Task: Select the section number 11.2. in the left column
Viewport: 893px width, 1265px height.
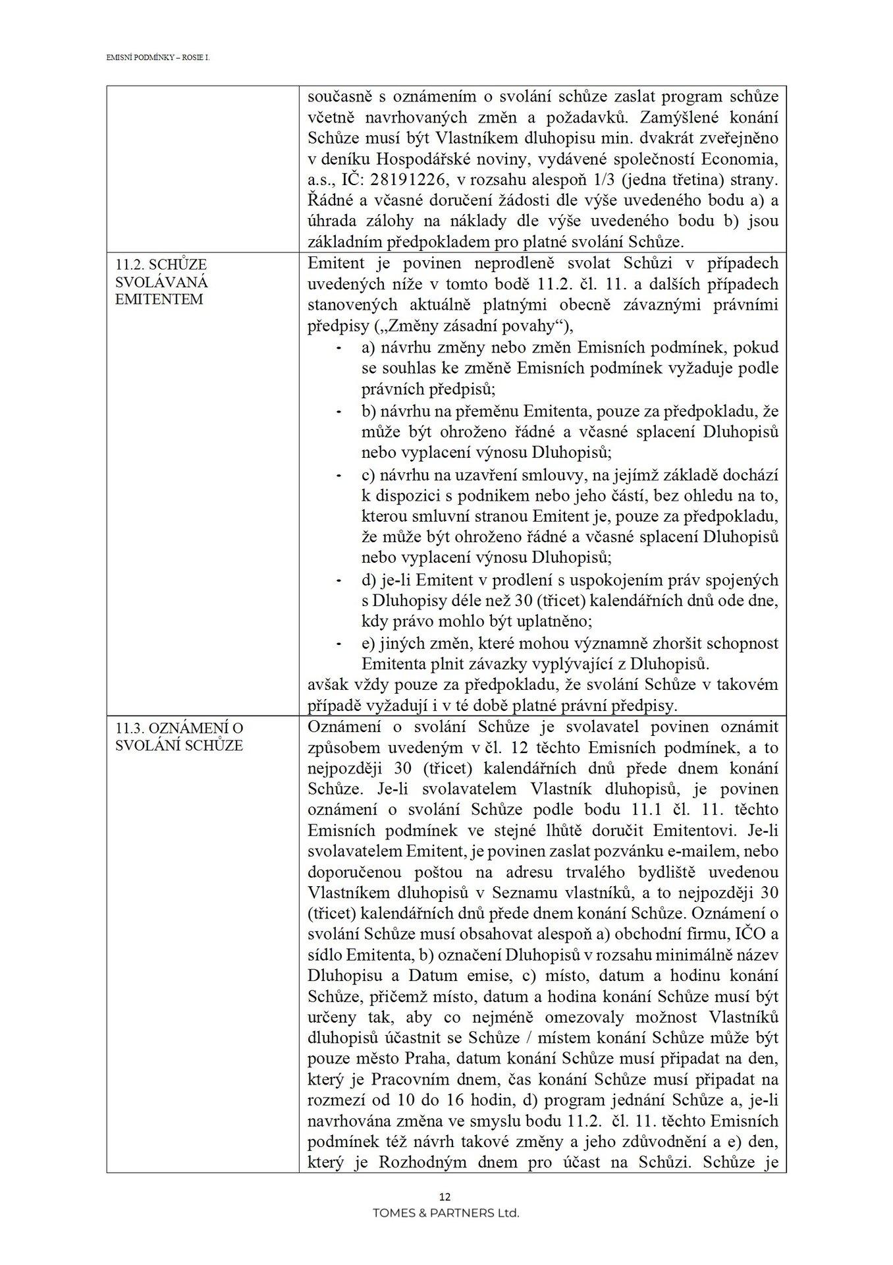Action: (x=129, y=264)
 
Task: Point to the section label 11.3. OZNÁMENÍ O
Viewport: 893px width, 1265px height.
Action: (x=178, y=728)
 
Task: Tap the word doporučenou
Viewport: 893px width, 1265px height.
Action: (x=346, y=873)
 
